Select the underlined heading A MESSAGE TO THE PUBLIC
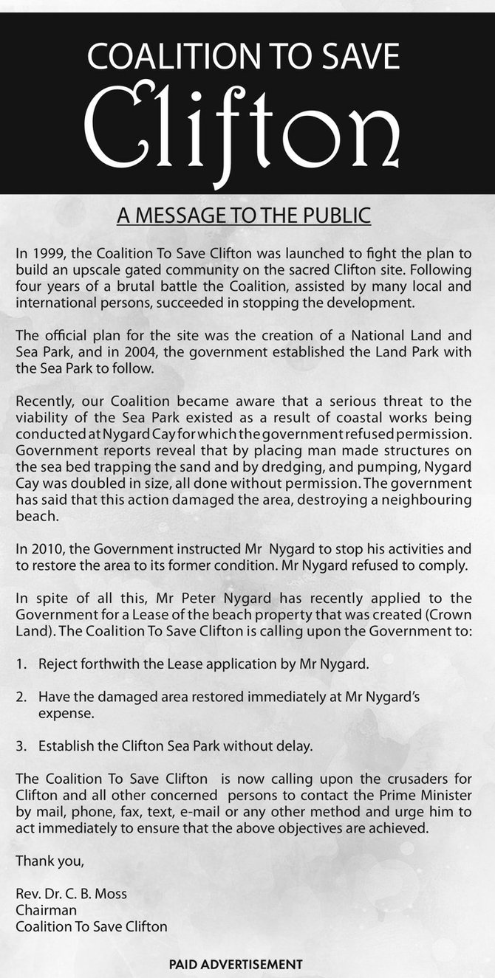click(x=244, y=216)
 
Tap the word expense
click(x=66, y=714)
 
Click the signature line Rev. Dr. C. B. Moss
click(x=71, y=893)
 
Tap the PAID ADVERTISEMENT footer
click(x=236, y=964)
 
